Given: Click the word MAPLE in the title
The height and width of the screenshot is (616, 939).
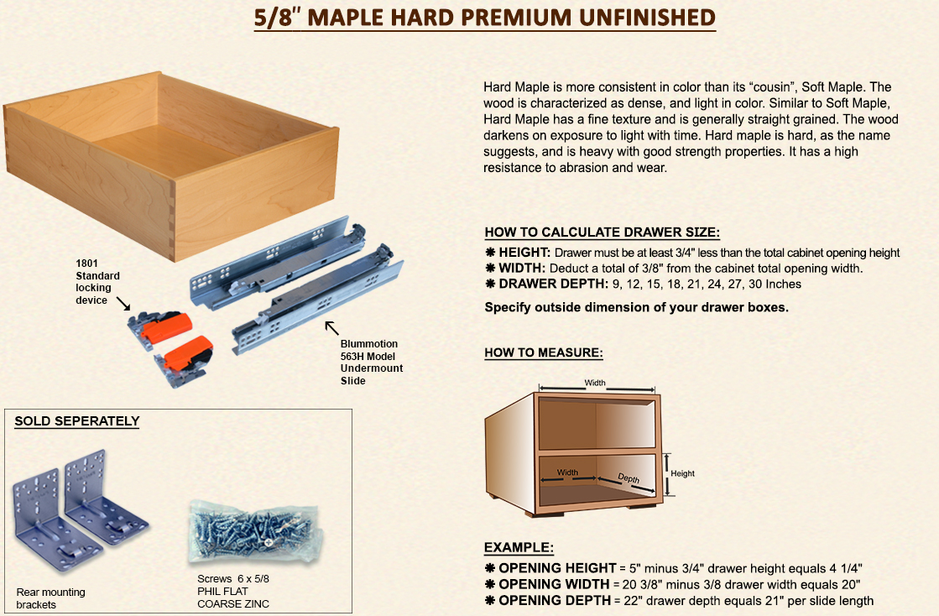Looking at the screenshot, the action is tap(345, 18).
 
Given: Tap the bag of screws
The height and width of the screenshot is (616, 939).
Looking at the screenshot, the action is tap(256, 531).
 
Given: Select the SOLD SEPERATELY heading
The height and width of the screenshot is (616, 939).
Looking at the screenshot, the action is tap(76, 420).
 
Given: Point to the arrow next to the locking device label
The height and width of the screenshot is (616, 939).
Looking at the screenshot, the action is tap(123, 304).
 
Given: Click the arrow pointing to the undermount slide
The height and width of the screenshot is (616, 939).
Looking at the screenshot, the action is tap(331, 327).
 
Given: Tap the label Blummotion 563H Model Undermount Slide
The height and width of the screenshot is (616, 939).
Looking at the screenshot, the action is tap(371, 363).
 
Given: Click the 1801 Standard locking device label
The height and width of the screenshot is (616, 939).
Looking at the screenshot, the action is tap(97, 281).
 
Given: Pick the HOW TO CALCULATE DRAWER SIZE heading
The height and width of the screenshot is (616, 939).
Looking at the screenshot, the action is tap(602, 232).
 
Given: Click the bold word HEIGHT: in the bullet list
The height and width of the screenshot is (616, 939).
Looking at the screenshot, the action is tap(524, 253).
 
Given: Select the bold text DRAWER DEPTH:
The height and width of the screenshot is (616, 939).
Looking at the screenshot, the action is tap(553, 284).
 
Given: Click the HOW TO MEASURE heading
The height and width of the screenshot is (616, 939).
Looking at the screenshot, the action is tap(543, 352).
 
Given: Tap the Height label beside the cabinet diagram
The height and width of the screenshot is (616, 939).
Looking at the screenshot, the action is tap(683, 473).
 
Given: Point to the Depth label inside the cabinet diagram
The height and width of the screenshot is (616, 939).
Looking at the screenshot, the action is tap(629, 478).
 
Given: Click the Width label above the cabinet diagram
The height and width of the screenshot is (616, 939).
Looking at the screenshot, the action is tap(595, 383).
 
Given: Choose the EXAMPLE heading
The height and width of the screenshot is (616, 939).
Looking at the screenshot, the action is tap(519, 547).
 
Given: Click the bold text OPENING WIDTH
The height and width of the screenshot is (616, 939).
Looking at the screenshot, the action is tap(554, 584).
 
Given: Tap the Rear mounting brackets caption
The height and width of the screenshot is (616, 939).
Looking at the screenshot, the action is tap(51, 598).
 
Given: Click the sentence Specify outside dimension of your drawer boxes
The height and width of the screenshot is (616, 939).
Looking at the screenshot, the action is tap(637, 307).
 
